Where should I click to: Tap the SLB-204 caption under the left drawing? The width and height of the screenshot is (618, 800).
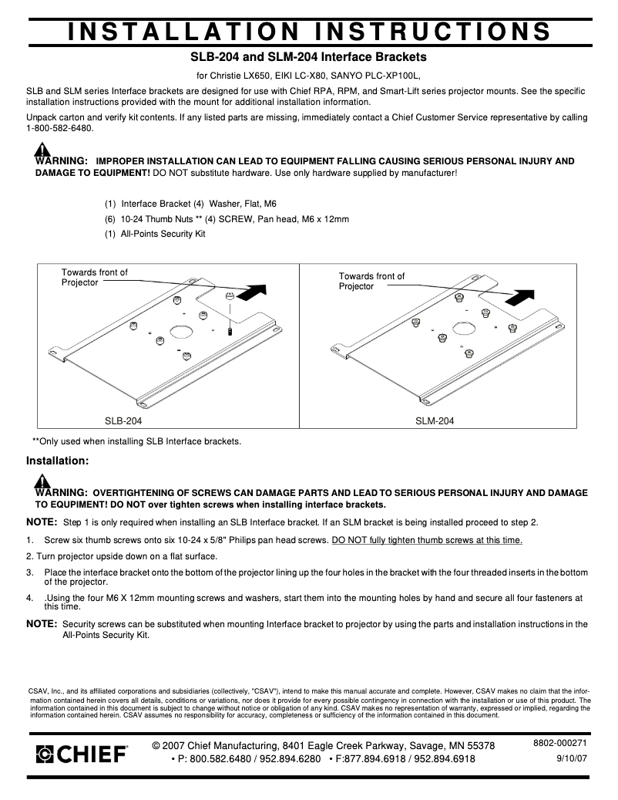pyautogui.click(x=123, y=421)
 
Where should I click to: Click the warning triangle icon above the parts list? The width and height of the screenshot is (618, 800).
pyautogui.click(x=42, y=150)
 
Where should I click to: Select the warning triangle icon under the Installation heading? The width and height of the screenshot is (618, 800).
pyautogui.click(x=42, y=481)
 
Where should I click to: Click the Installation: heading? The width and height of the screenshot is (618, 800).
pyautogui.click(x=58, y=461)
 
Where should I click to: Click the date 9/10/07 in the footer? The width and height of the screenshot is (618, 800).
pyautogui.click(x=571, y=759)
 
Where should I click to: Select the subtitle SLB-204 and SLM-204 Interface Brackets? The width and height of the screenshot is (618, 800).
pyautogui.click(x=308, y=57)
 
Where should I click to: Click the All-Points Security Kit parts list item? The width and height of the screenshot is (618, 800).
pyautogui.click(x=155, y=233)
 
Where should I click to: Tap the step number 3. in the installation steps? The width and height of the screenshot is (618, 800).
pyautogui.click(x=31, y=572)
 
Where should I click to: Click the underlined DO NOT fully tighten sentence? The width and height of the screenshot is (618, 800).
pyautogui.click(x=427, y=540)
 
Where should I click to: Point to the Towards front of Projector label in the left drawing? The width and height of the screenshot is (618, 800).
pyautogui.click(x=94, y=277)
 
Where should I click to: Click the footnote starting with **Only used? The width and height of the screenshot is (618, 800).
pyautogui.click(x=136, y=441)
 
